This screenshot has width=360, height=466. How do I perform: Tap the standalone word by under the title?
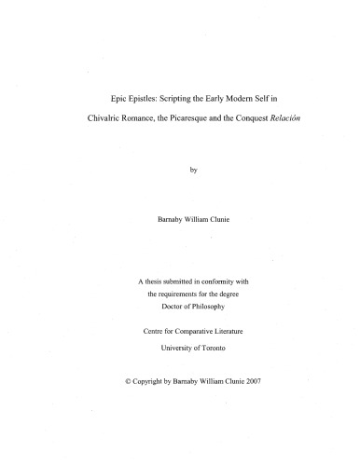[x=181, y=170]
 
